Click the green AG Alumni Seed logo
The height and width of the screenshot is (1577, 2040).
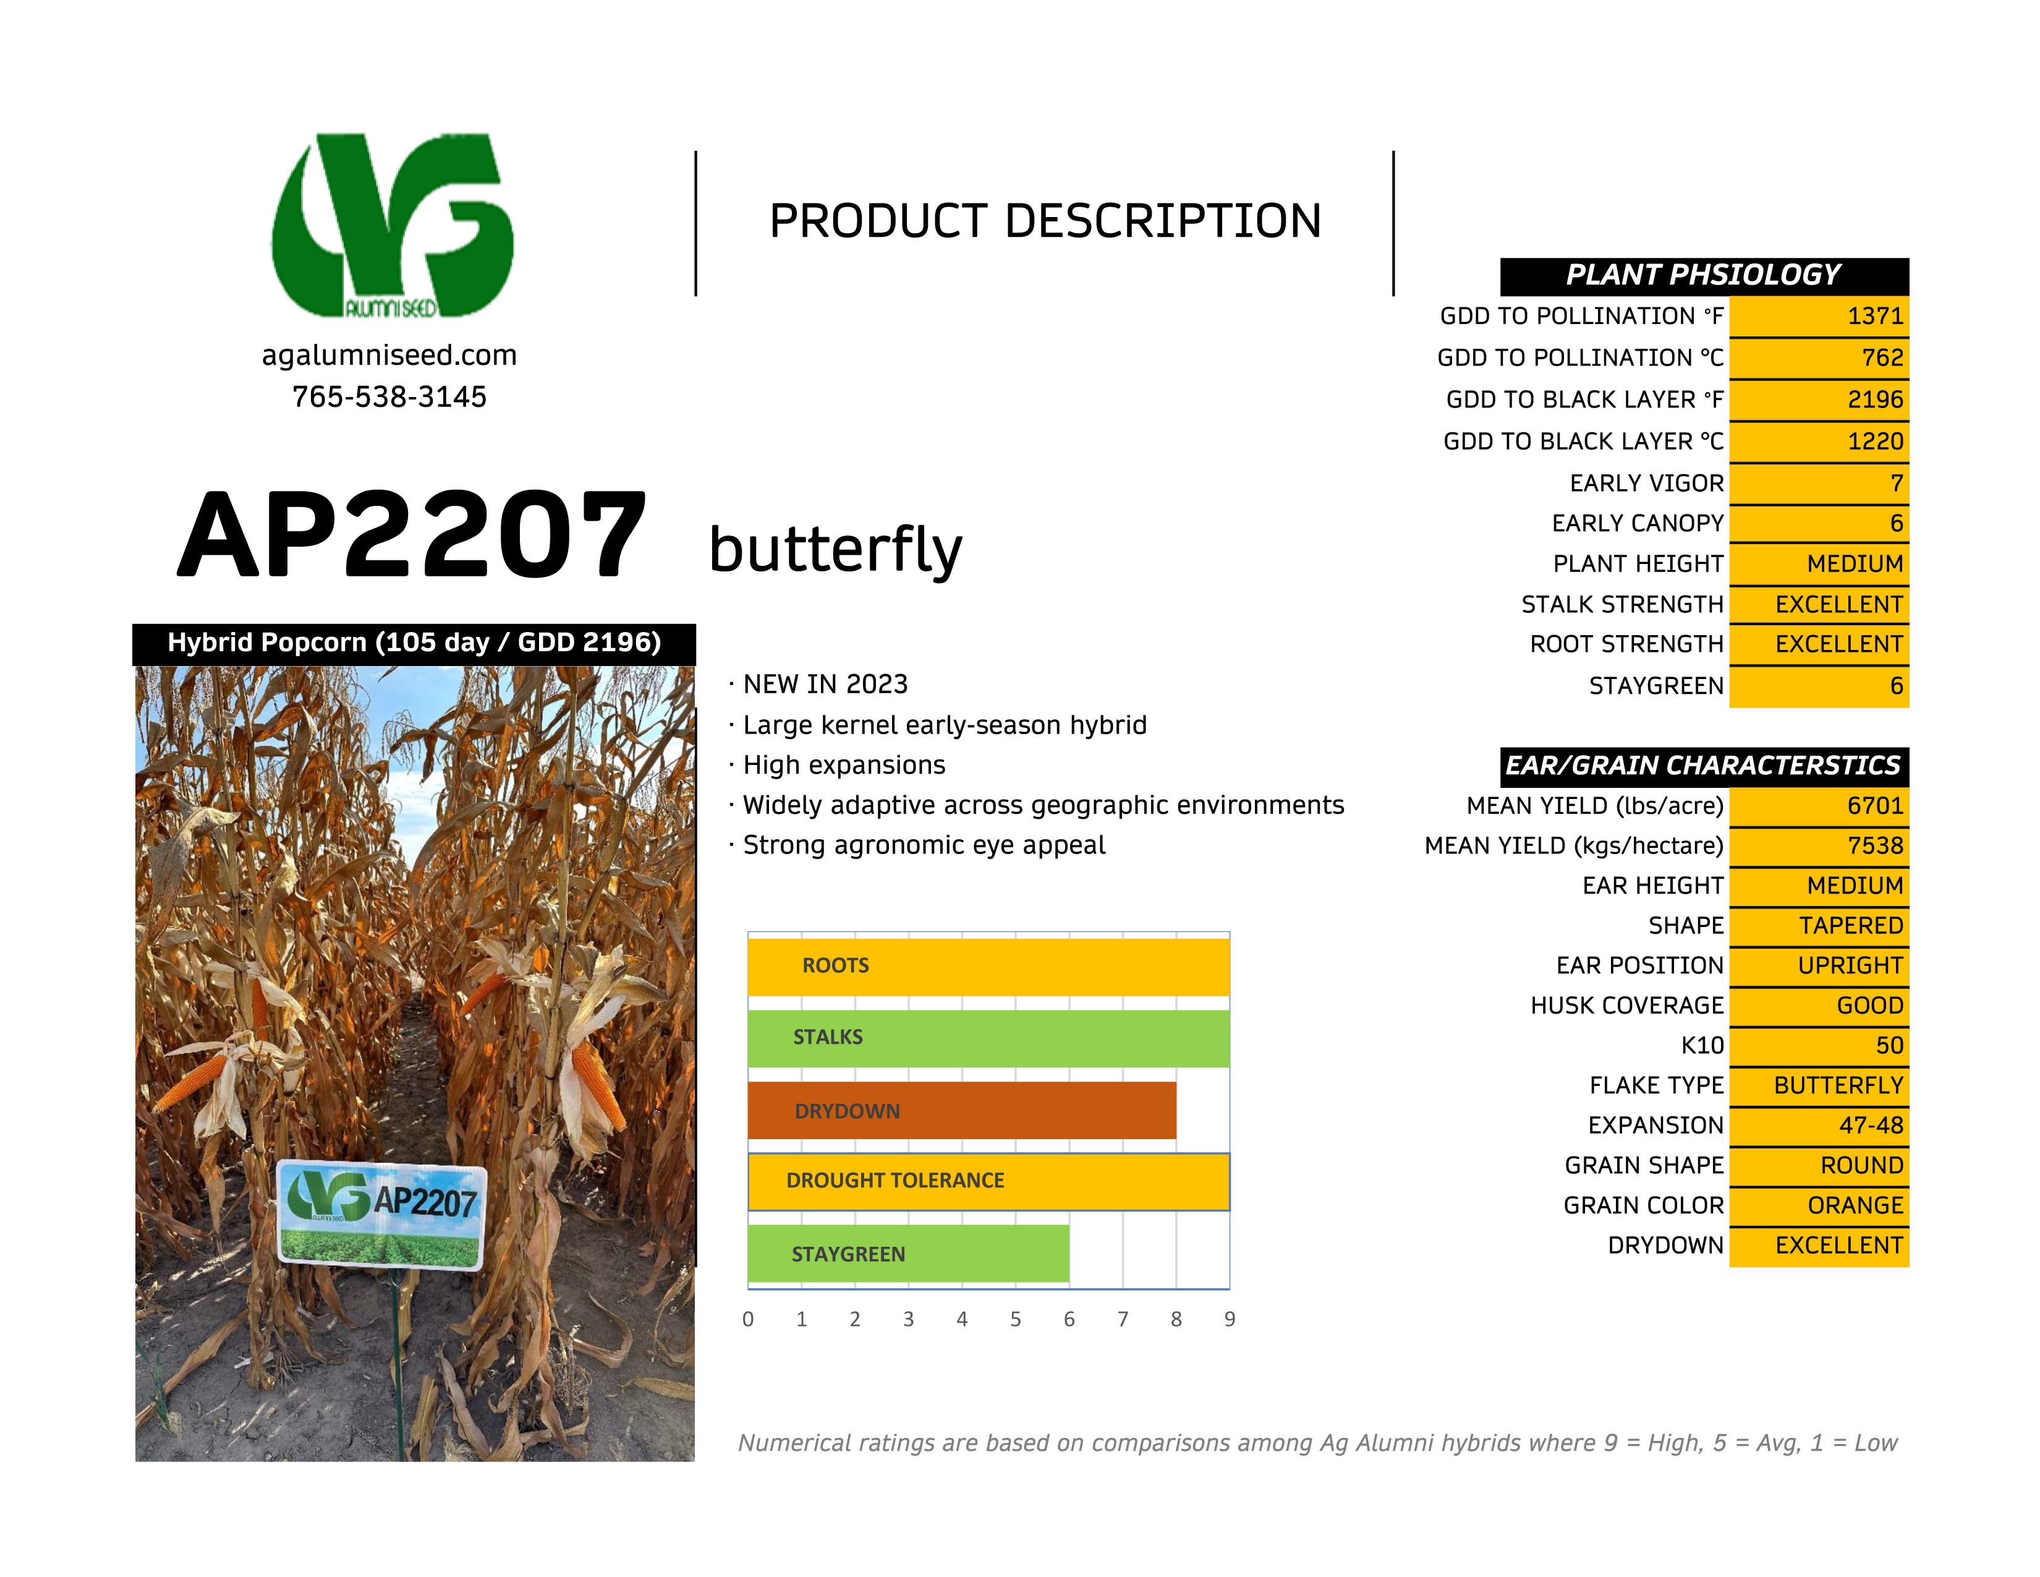click(393, 225)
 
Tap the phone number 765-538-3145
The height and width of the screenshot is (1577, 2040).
click(389, 397)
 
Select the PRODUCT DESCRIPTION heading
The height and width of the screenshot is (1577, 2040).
click(1045, 221)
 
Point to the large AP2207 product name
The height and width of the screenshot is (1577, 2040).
click(412, 536)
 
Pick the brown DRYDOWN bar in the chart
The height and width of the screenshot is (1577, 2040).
click(962, 1111)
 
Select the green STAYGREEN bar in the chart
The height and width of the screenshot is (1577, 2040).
click(909, 1254)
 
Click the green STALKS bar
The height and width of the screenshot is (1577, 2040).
click(989, 1038)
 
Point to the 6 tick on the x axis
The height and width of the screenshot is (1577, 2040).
click(1069, 1319)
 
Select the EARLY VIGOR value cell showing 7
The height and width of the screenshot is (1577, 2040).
click(1819, 483)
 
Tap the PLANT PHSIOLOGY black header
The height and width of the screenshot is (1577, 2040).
click(1705, 276)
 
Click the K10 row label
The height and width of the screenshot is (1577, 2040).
click(1703, 1045)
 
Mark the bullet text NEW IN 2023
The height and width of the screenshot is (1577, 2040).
click(826, 684)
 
